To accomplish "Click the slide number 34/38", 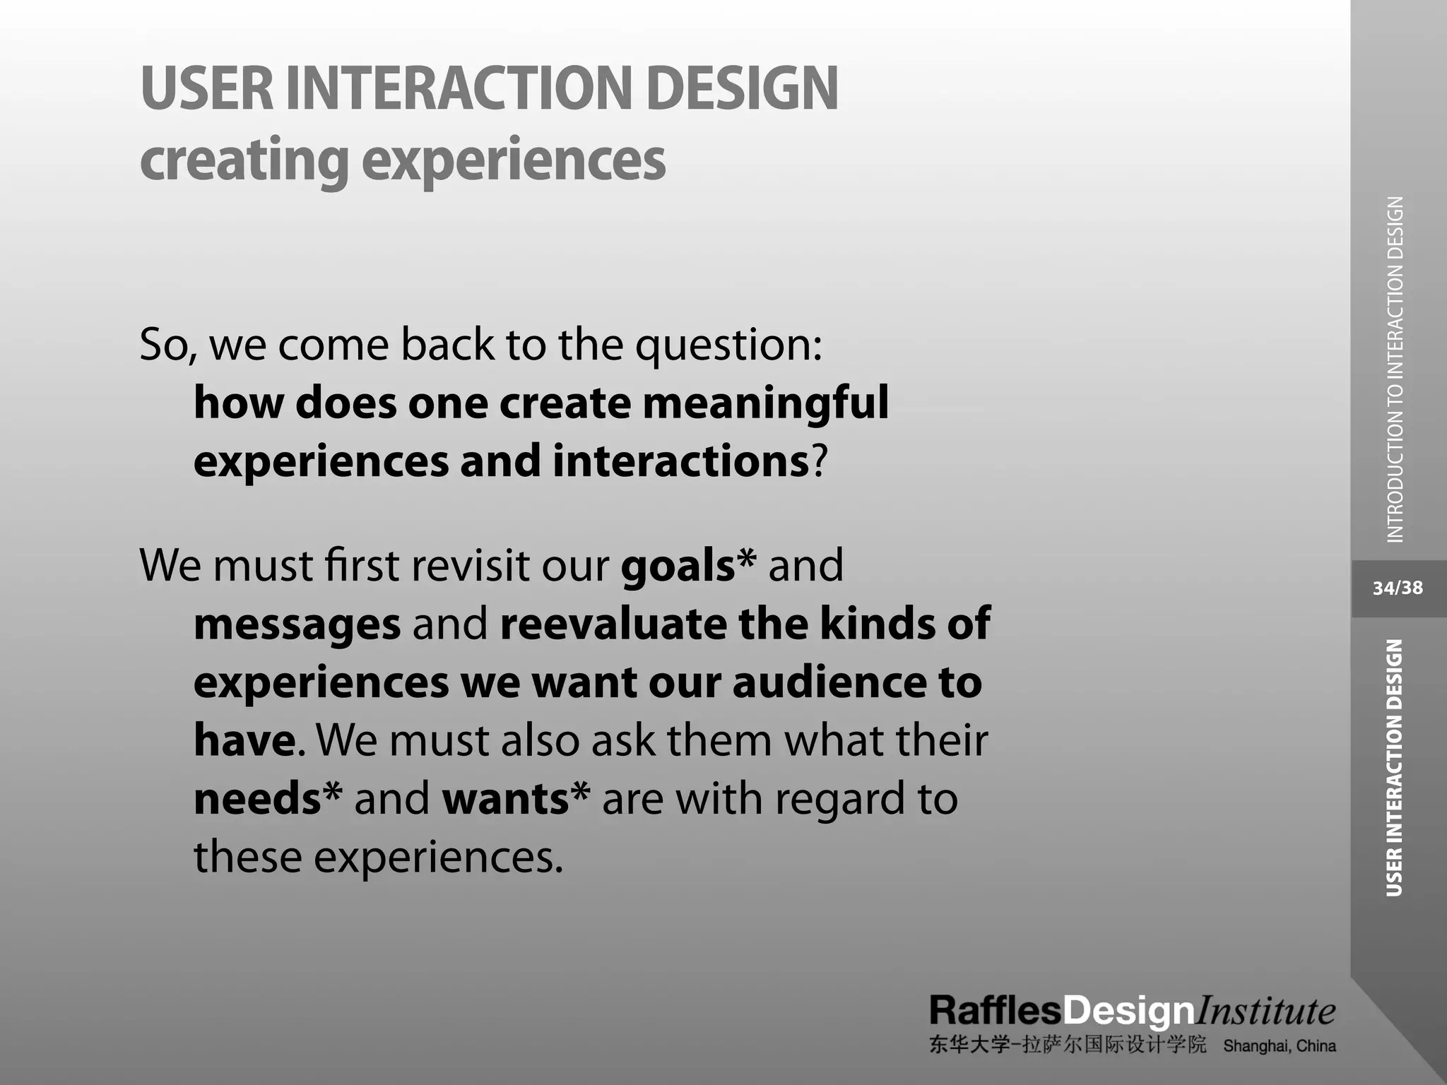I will (1398, 588).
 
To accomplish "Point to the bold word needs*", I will (267, 800).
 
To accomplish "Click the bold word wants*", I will (515, 800).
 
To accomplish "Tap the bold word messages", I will (297, 625).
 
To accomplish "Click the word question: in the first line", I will (728, 346).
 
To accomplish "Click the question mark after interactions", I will (819, 462).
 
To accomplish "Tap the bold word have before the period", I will (244, 741).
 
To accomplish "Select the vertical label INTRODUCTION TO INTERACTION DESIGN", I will (1395, 369).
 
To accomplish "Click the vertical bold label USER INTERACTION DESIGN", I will (1394, 768).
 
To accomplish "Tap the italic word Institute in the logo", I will (1265, 1012).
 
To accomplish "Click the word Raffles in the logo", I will (995, 1012).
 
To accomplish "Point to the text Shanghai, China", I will (1279, 1046).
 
